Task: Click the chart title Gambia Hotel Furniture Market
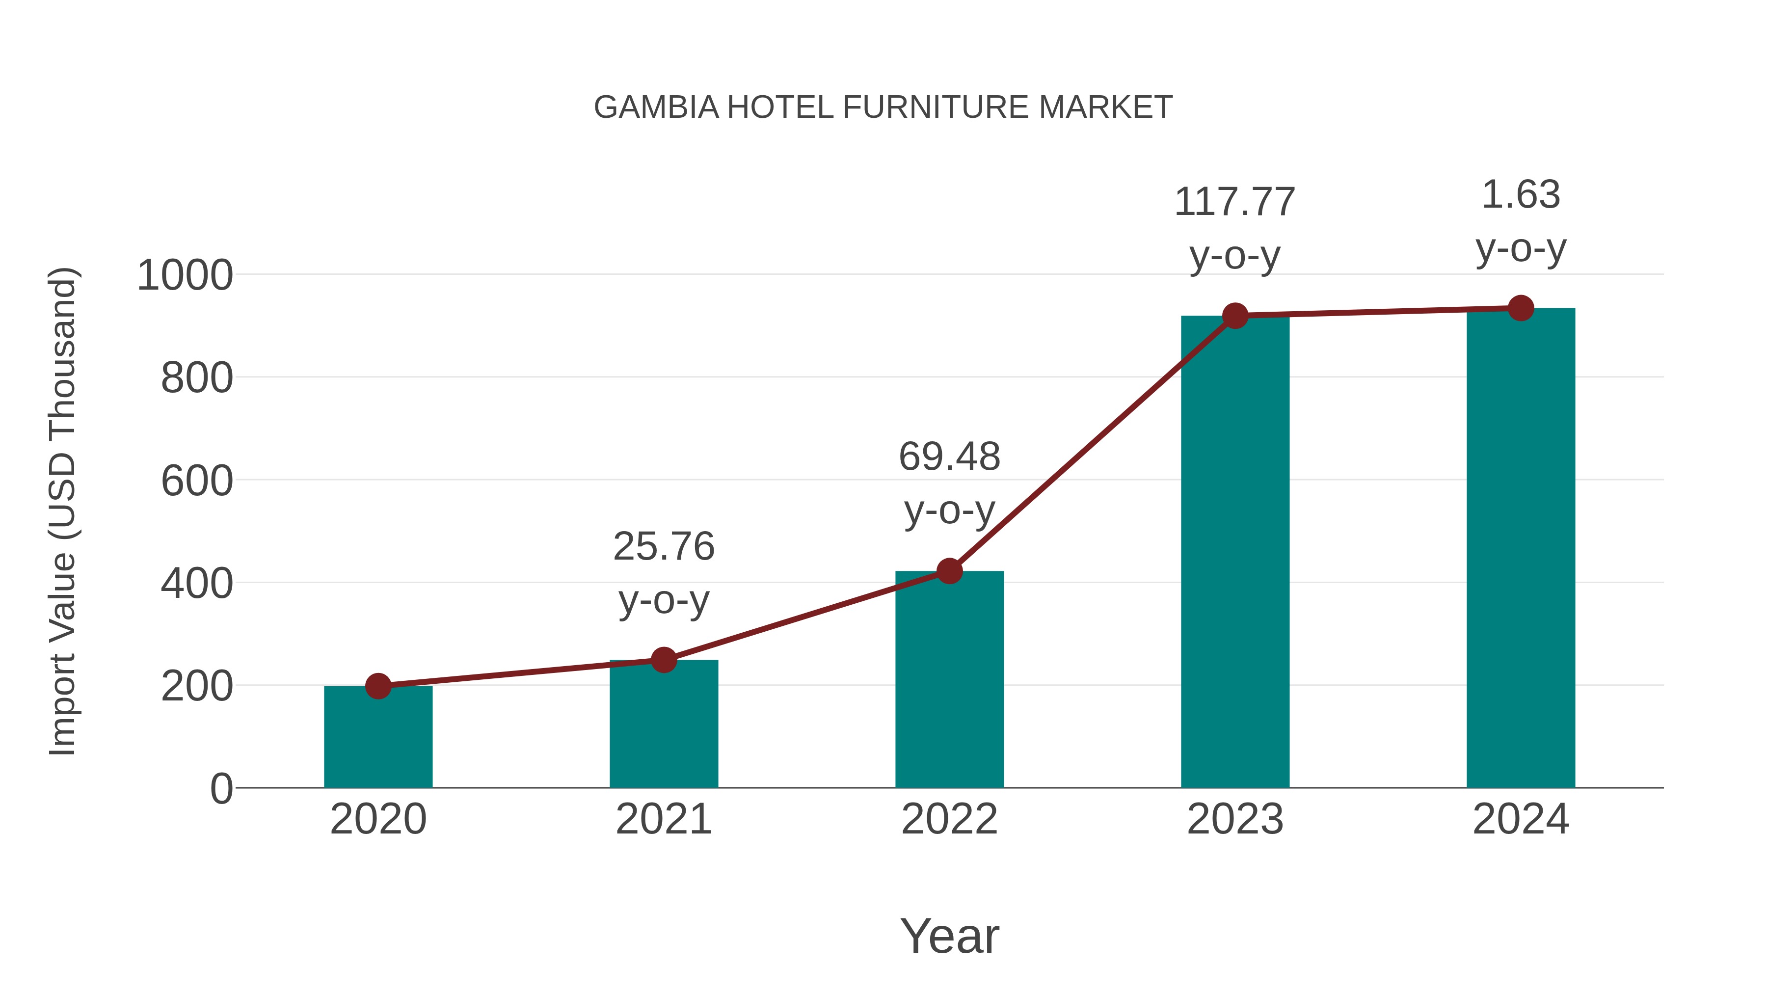[883, 107]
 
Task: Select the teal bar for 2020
[378, 737]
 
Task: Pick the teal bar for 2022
[949, 679]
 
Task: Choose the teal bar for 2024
[1521, 549]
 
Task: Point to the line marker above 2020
[378, 686]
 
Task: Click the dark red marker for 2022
[949, 571]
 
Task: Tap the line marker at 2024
[1521, 308]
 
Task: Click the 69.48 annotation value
[949, 457]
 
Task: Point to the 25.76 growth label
[663, 547]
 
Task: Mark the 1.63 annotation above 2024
[1521, 195]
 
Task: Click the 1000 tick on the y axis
[185, 276]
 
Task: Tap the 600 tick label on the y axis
[197, 481]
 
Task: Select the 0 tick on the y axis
[221, 789]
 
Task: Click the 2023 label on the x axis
[1235, 819]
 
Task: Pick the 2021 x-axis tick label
[663, 819]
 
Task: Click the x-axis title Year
[949, 936]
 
